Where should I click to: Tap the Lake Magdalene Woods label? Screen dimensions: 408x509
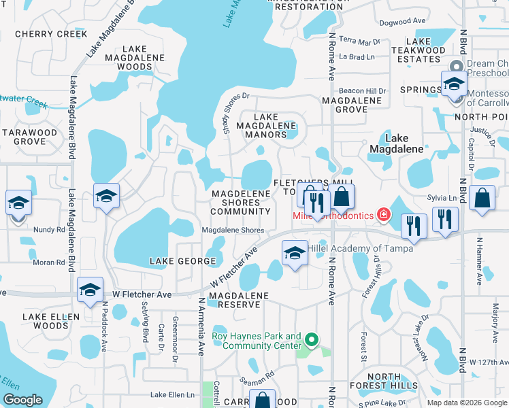134,58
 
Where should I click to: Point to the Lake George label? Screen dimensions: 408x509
178,261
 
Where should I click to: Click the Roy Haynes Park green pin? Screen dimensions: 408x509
312,338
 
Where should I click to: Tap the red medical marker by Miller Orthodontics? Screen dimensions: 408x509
384,215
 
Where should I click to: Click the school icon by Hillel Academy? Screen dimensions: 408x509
294,253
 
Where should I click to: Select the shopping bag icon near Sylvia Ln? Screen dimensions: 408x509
482,199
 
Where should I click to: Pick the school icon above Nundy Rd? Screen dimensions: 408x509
18,203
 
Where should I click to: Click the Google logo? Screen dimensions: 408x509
22,400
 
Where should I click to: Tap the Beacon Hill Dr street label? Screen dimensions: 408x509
363,91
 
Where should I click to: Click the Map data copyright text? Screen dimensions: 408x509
466,403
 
